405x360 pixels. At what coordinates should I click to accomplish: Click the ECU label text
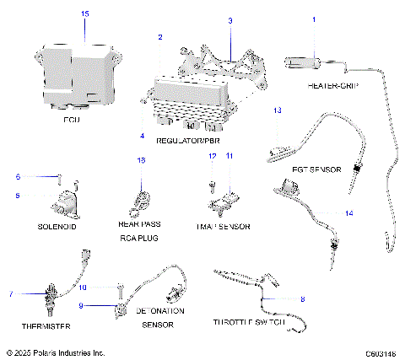(x=71, y=121)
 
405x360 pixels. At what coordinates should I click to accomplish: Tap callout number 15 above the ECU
(x=84, y=14)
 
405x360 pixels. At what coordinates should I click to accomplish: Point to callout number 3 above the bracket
(x=230, y=19)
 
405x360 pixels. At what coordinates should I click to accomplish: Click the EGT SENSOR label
(x=316, y=169)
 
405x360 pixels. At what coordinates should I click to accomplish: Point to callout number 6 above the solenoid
(x=17, y=177)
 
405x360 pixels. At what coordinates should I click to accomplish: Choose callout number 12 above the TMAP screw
(x=213, y=157)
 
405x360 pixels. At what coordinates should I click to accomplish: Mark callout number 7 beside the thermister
(x=11, y=293)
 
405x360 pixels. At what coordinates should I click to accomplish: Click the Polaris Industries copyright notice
(x=55, y=352)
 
